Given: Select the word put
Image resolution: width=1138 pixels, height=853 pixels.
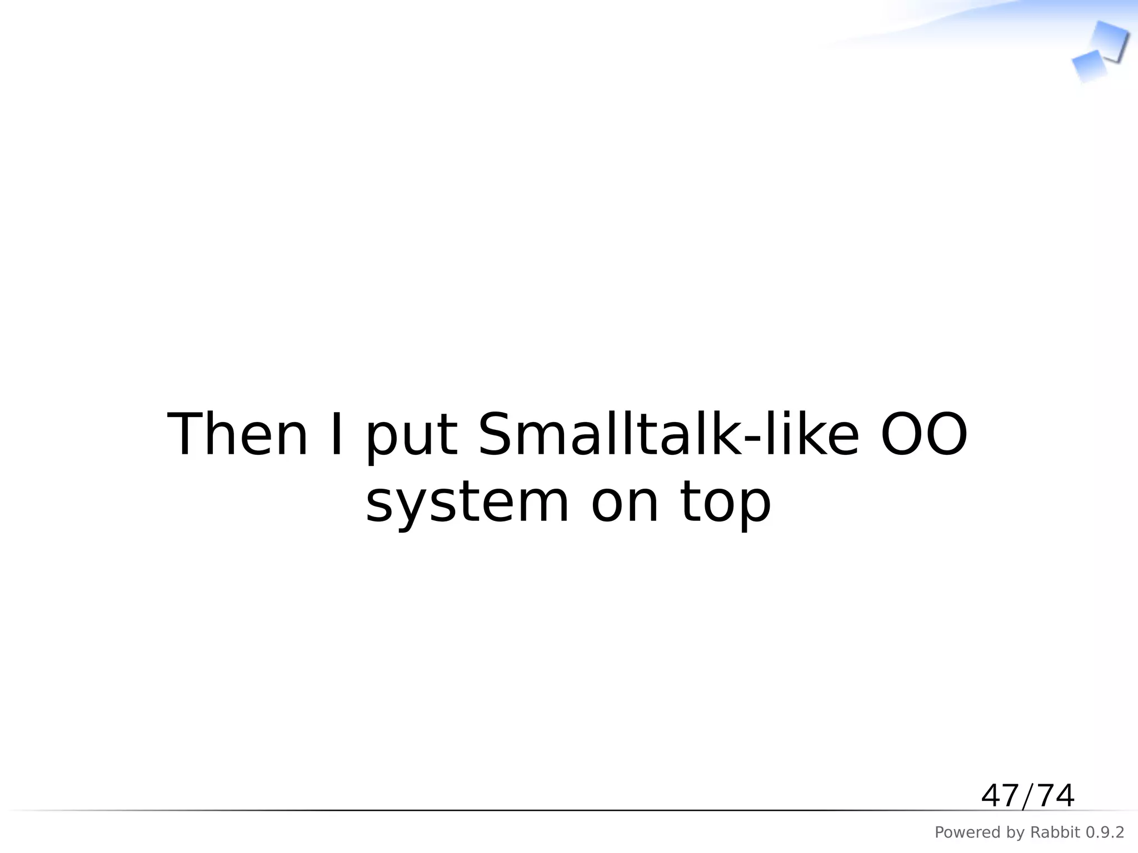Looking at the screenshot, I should click(x=411, y=439).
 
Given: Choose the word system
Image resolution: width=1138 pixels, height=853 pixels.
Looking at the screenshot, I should click(x=467, y=504).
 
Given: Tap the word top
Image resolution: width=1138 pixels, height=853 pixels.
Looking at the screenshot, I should click(x=726, y=505).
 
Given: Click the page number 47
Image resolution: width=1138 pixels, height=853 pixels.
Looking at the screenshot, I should click(x=1000, y=796).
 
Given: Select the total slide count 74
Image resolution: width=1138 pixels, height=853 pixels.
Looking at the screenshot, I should click(x=1055, y=796).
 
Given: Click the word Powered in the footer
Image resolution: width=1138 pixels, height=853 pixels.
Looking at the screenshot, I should click(x=962, y=832).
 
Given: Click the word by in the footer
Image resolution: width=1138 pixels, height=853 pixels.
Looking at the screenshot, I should click(x=1009, y=833).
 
